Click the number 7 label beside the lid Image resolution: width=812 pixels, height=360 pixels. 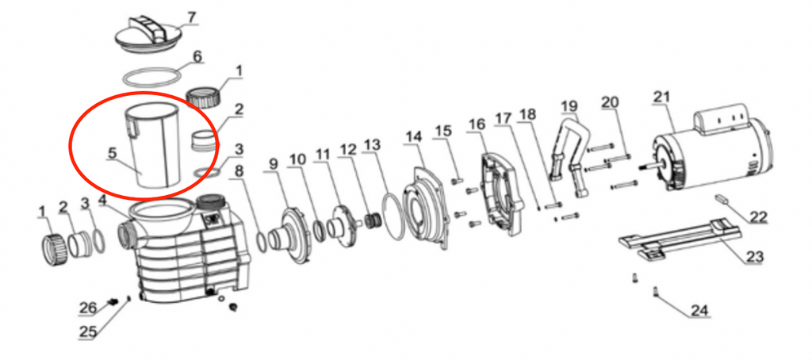click(x=192, y=17)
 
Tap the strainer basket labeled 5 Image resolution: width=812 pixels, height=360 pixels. click(x=155, y=146)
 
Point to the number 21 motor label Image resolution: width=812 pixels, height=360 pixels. click(x=662, y=97)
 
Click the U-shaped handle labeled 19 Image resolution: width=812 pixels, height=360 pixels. click(x=569, y=155)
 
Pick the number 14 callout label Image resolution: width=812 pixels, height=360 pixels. click(x=413, y=136)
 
